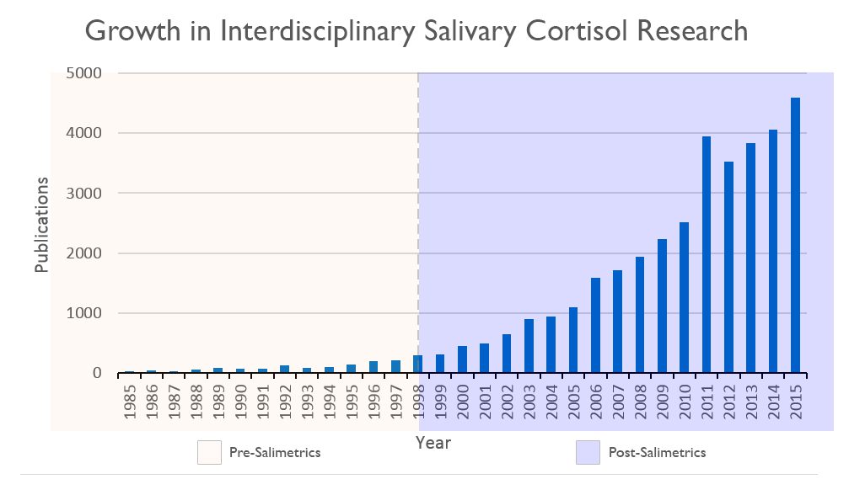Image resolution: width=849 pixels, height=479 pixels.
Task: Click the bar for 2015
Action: point(794,236)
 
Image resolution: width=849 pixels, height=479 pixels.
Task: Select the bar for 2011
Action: point(706,255)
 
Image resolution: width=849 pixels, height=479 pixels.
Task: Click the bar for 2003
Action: point(529,346)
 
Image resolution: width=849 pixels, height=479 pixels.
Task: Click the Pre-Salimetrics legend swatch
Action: point(209,452)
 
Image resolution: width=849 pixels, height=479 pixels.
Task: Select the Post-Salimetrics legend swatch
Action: point(588,452)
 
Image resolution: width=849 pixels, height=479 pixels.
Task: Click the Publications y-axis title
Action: point(42,225)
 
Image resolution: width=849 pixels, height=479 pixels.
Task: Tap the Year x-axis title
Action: point(433,443)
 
